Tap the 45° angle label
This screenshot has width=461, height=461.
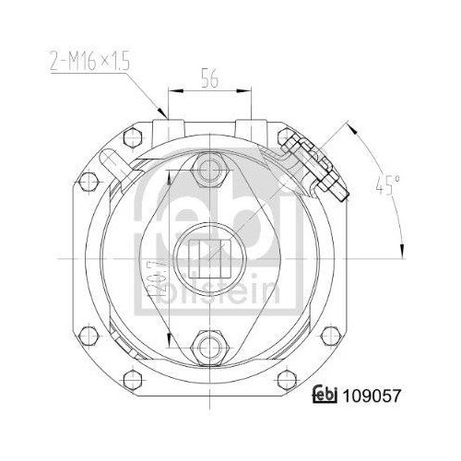pyautogui.click(x=384, y=185)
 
